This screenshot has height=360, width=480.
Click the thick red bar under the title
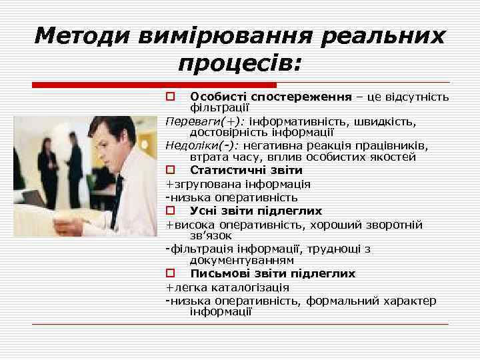point(154,85)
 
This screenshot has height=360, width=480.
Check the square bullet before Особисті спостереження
point(170,97)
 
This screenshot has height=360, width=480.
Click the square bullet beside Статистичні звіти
point(170,171)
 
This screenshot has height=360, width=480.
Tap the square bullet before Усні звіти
point(170,211)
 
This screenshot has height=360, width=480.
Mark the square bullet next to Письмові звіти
point(170,273)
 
